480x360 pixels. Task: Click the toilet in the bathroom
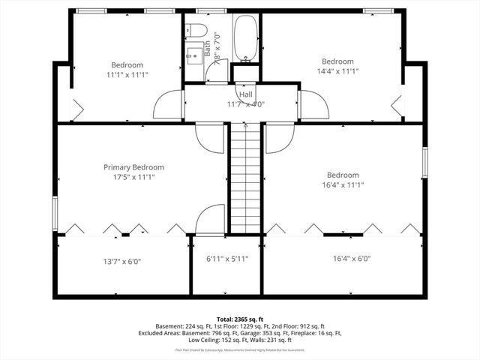pos(198,30)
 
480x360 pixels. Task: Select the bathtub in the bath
pos(247,39)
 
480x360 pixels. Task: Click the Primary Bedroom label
pos(133,167)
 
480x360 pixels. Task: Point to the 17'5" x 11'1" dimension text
pos(133,178)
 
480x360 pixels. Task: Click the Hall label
pos(246,95)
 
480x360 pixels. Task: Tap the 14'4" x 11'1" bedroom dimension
pos(337,72)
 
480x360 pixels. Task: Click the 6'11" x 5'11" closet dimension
pos(227,259)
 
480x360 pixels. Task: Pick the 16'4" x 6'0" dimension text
pos(352,259)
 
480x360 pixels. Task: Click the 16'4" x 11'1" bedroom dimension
pos(342,185)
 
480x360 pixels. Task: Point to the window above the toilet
pos(205,11)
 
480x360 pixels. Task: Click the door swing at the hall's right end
pos(313,105)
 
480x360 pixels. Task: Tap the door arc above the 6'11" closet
pos(210,219)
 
